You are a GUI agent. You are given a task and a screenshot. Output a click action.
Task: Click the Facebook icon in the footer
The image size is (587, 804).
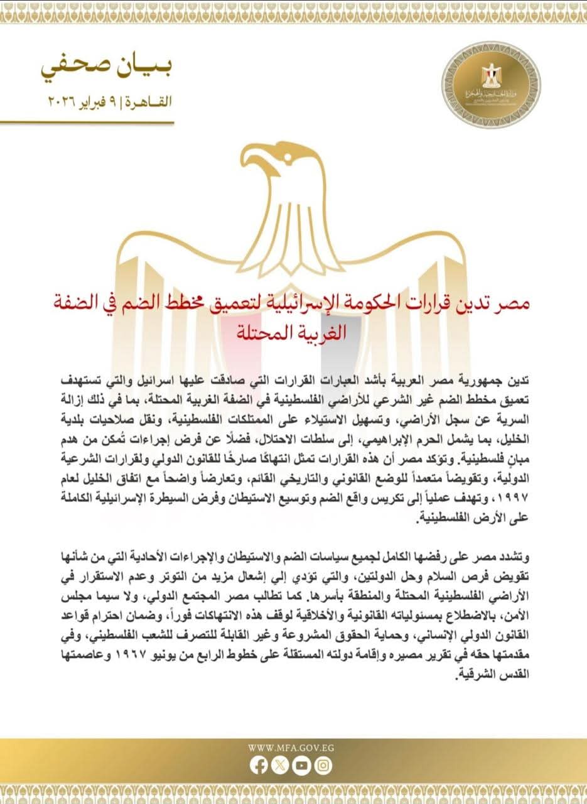[x=259, y=765]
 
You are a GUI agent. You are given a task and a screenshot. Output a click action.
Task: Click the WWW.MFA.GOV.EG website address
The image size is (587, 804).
[x=291, y=747]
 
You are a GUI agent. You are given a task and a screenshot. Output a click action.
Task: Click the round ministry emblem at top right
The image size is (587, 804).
[x=482, y=85]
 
